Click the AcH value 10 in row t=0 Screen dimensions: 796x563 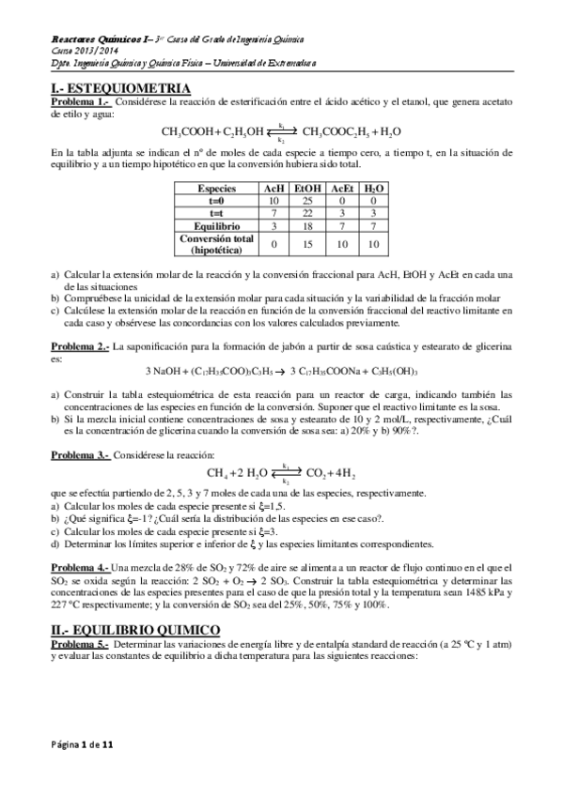[x=274, y=201]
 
